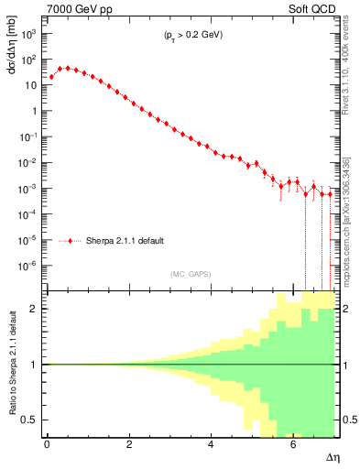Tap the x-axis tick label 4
pos(212,444)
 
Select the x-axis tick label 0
pos(47,444)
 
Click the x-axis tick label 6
pos(292,444)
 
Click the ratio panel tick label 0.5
pos(29,420)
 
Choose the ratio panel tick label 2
pos(34,309)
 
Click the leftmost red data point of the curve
pos(51,77)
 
